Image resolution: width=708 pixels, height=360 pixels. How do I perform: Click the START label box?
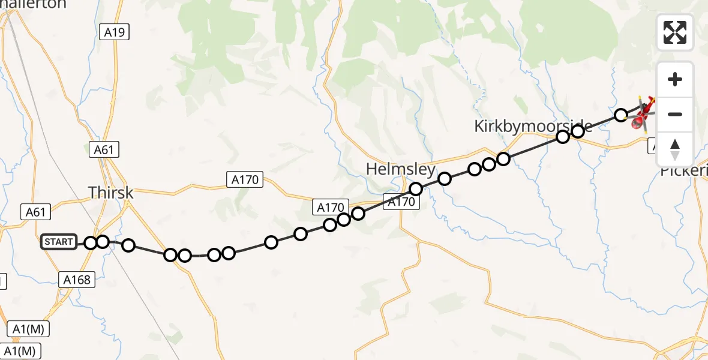pyautogui.click(x=59, y=242)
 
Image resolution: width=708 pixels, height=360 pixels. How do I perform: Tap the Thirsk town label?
pyautogui.click(x=111, y=193)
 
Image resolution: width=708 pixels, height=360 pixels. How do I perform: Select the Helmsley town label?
pyautogui.click(x=400, y=170)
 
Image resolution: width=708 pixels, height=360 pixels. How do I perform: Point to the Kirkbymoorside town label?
pyautogui.click(x=533, y=126)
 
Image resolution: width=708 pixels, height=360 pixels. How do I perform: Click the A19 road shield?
pyautogui.click(x=114, y=32)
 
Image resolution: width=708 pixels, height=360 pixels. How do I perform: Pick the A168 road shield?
pyautogui.click(x=76, y=279)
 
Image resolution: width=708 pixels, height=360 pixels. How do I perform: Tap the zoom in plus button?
pyautogui.click(x=675, y=79)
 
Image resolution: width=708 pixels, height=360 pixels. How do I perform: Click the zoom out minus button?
pyautogui.click(x=675, y=114)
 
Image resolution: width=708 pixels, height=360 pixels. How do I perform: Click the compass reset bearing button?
pyautogui.click(x=675, y=149)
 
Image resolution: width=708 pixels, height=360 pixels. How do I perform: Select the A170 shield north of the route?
pyautogui.click(x=245, y=179)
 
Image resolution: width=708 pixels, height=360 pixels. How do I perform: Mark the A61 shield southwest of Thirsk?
pyautogui.click(x=35, y=211)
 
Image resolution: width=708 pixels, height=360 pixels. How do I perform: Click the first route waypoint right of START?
pyautogui.click(x=91, y=242)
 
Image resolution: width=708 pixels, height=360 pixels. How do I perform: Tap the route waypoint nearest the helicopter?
pyautogui.click(x=621, y=114)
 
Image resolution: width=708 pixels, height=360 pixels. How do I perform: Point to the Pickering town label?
pyautogui.click(x=684, y=170)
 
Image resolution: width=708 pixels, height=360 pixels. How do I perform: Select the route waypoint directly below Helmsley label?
pyautogui.click(x=416, y=189)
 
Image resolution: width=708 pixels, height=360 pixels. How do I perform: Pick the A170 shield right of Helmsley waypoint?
pyautogui.click(x=401, y=202)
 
